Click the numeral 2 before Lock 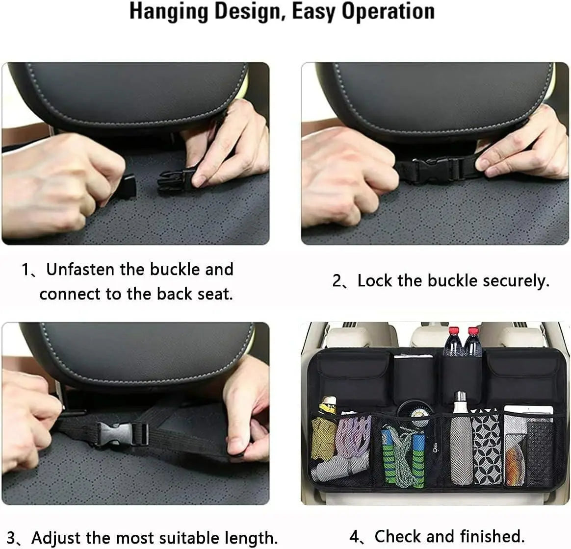(337, 281)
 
